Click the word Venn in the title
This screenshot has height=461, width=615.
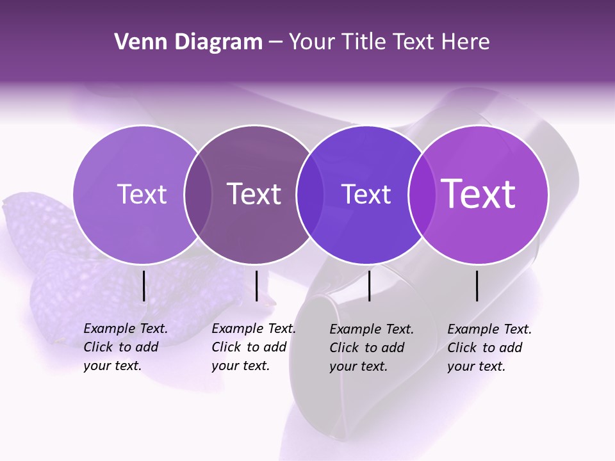click(x=135, y=42)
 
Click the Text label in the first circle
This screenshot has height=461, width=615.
click(x=142, y=194)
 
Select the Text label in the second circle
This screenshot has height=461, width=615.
click(x=254, y=194)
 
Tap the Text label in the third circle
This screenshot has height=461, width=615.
click(x=366, y=194)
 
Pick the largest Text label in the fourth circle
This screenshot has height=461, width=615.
click(x=479, y=194)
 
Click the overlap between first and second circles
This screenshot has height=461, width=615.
click(x=199, y=194)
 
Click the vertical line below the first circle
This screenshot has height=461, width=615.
click(x=143, y=286)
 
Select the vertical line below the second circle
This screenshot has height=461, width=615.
click(x=256, y=286)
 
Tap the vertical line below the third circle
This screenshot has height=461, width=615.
click(x=369, y=286)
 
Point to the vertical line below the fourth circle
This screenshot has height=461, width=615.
click(x=477, y=286)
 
